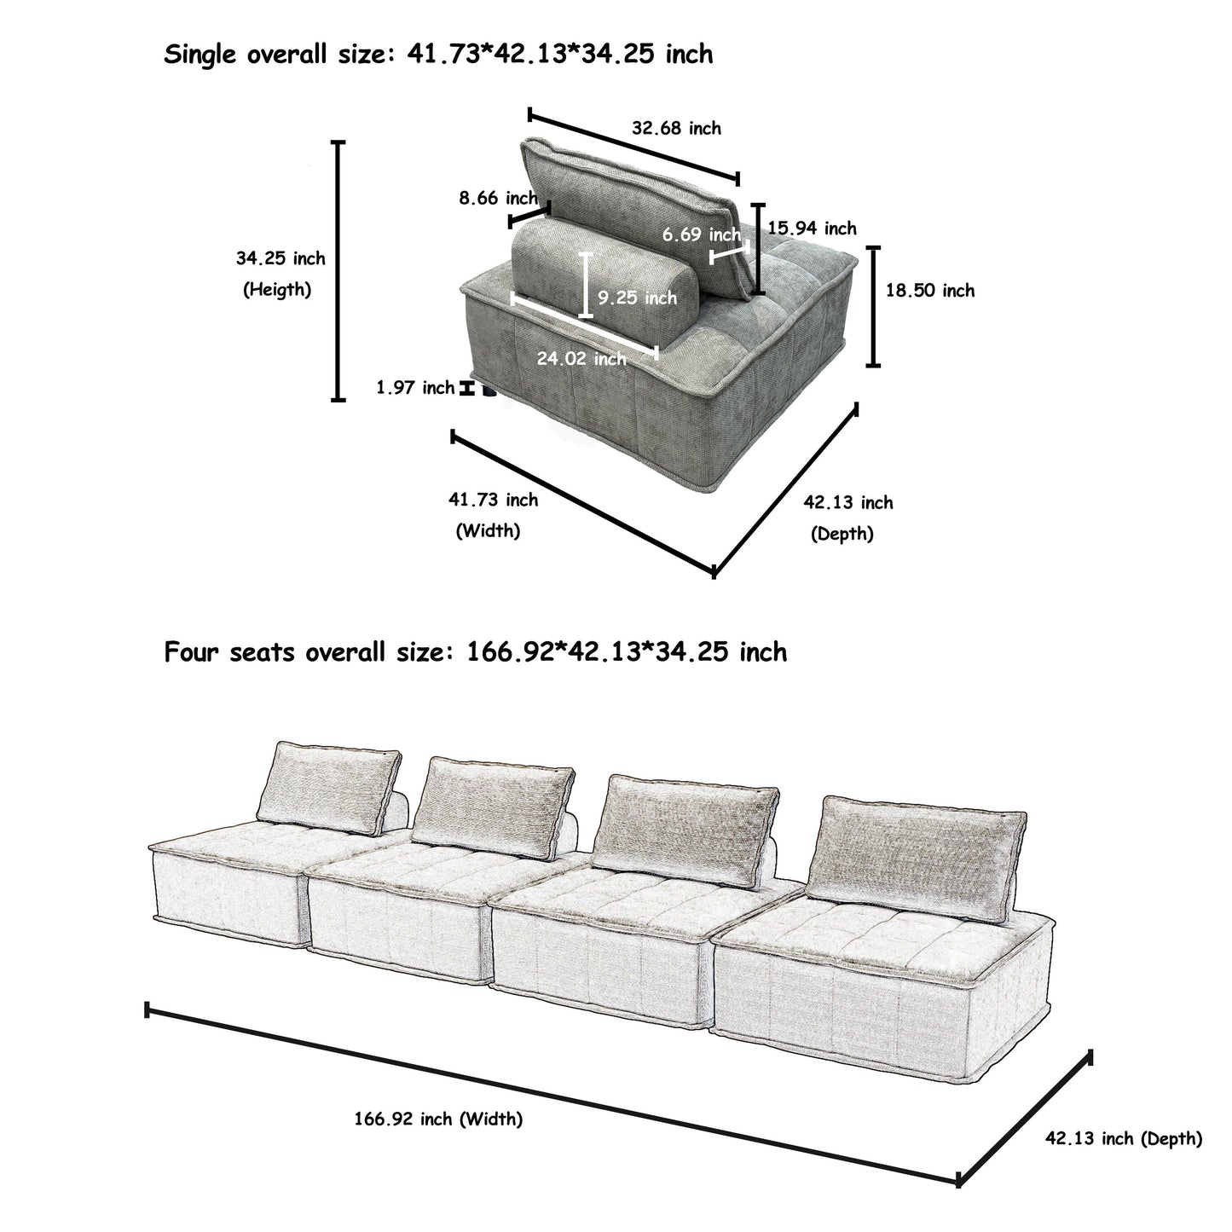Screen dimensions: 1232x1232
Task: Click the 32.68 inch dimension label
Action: tap(676, 129)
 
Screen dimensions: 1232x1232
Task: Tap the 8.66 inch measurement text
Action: tap(498, 199)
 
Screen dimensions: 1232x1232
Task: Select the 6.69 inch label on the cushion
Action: tap(701, 234)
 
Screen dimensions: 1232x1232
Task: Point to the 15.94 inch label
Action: tap(812, 228)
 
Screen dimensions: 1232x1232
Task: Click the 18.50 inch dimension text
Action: tap(929, 291)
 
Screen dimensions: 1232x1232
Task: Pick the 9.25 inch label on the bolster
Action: tap(637, 298)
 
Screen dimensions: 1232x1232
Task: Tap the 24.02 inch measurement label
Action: tap(581, 359)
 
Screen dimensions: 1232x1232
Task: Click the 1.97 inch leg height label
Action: tap(415, 388)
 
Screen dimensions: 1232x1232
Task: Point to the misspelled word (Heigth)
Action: tap(277, 290)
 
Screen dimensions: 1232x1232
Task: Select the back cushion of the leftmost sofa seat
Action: tap(334, 788)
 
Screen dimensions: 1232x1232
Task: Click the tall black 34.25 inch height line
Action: tap(338, 270)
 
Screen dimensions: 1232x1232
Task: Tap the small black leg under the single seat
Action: tap(489, 391)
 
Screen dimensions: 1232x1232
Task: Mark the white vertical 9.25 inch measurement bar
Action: tap(585, 286)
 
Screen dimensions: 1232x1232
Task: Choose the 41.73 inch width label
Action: tap(493, 500)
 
